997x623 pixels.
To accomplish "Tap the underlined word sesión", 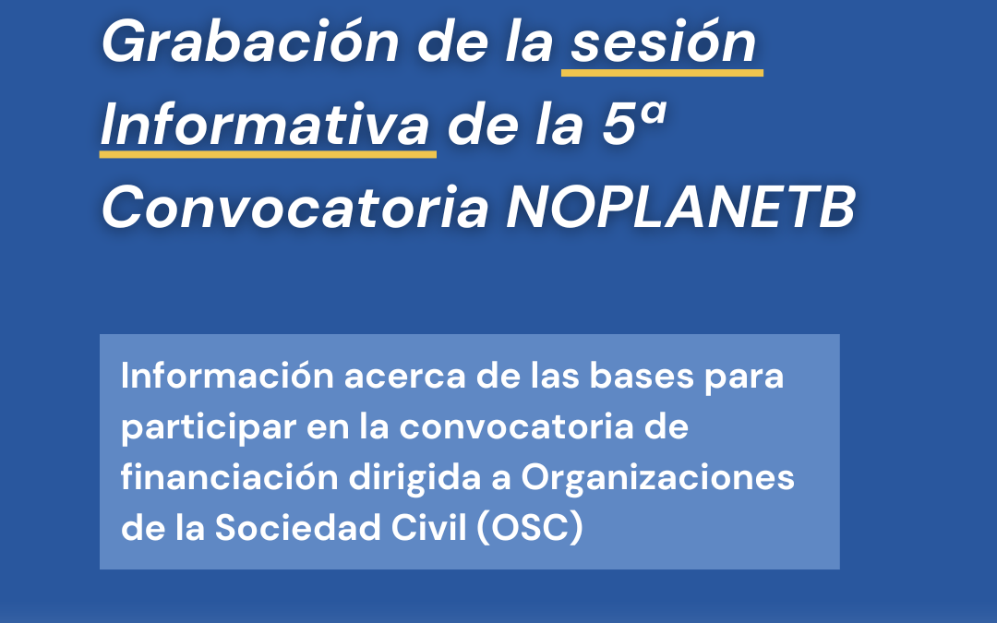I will (x=664, y=42).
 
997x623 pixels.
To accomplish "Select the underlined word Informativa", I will (x=267, y=126).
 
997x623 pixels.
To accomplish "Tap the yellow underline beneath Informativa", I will (x=268, y=154).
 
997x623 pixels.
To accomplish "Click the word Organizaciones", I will (x=657, y=478).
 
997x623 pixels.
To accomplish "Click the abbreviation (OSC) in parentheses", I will (x=530, y=528).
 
